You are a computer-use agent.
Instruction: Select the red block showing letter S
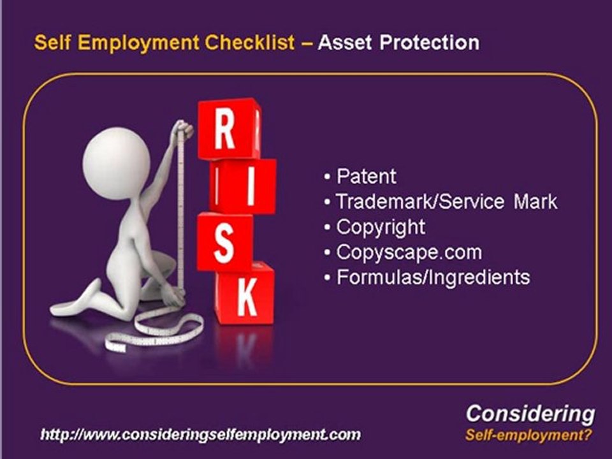[x=224, y=241]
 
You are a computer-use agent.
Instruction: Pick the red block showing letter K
[x=245, y=295]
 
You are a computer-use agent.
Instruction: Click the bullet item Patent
[x=366, y=176]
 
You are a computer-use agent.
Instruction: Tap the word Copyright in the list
[x=380, y=227]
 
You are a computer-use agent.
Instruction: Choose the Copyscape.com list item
[x=409, y=252]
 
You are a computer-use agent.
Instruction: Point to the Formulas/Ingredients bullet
[x=433, y=277]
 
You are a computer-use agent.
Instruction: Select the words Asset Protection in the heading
[x=398, y=43]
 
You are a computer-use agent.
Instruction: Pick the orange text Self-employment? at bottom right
[x=528, y=436]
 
